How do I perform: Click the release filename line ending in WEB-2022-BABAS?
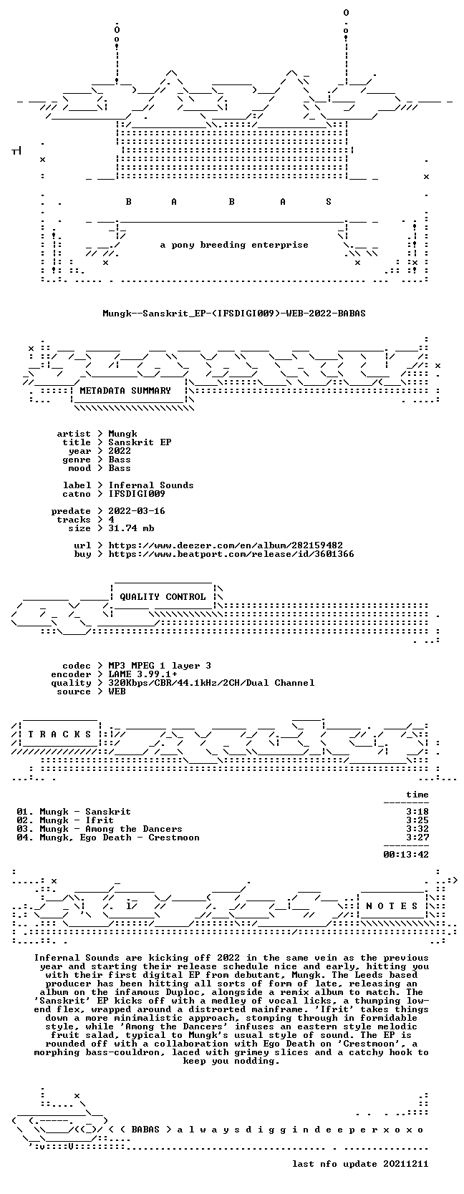[x=234, y=314]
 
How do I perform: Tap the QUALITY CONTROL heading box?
[x=163, y=597]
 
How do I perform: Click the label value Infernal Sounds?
[x=151, y=485]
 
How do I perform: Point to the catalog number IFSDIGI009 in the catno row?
[x=137, y=494]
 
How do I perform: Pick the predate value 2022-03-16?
[x=137, y=510]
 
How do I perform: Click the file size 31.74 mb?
[x=131, y=528]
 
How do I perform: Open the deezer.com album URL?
[x=226, y=545]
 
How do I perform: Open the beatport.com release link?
[x=231, y=554]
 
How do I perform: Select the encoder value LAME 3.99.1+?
[x=142, y=674]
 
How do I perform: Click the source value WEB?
[x=117, y=691]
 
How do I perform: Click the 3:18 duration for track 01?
[x=417, y=812]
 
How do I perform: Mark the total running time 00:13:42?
[x=406, y=855]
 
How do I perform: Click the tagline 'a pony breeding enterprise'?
[x=234, y=246]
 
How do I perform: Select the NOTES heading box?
[x=392, y=906]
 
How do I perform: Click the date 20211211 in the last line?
[x=406, y=1164]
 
